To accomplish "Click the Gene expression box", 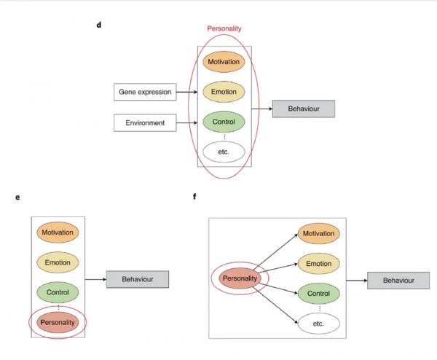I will coord(146,93).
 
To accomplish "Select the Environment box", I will coord(145,123).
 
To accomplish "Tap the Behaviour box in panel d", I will coord(303,109).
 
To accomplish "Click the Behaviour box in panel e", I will coord(138,278).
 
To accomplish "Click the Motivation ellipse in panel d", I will coord(224,63).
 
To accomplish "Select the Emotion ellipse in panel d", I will coord(224,93).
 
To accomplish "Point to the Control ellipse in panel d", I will coord(224,122).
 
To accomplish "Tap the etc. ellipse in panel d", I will coord(224,152).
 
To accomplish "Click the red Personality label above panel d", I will coord(224,28).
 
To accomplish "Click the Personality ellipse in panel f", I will coord(241,279).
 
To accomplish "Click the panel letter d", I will coord(99,26).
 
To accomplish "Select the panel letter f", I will coord(194,197).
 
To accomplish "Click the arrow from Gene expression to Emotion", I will coord(187,93).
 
